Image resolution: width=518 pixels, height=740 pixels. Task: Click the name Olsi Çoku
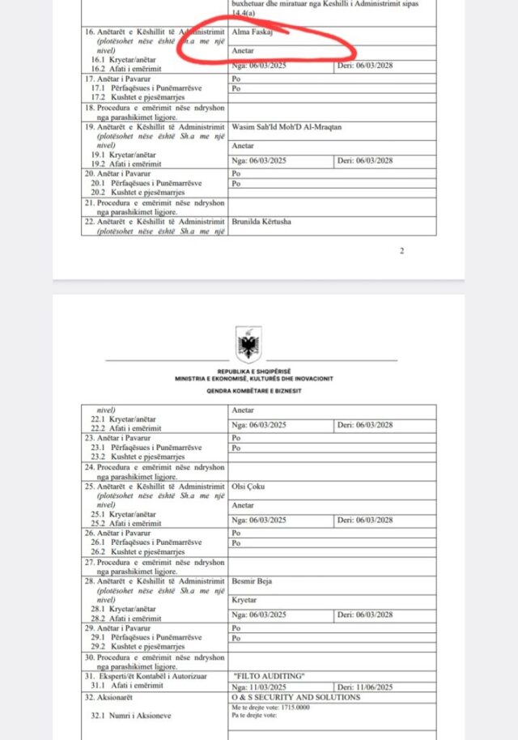coord(248,486)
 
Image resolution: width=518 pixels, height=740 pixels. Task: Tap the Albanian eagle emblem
coord(248,344)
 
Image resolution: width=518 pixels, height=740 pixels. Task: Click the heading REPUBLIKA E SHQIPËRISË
coord(248,372)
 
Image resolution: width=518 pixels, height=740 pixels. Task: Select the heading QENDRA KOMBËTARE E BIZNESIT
coord(248,389)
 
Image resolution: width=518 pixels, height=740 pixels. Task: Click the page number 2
coord(401,250)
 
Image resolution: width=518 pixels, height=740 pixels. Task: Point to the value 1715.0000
coord(294,706)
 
